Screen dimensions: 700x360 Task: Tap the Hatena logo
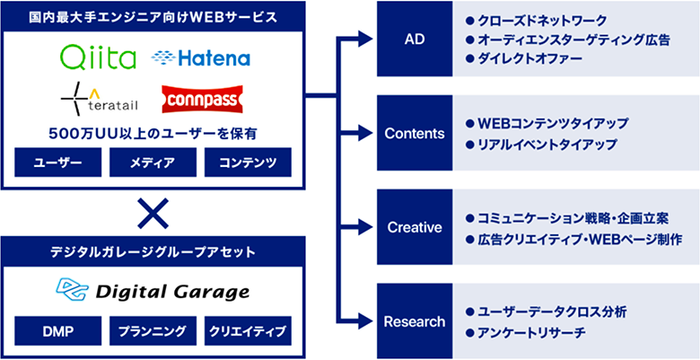(201, 58)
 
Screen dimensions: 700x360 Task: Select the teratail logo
(99, 98)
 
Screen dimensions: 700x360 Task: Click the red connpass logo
(202, 99)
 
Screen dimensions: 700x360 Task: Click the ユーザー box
(58, 162)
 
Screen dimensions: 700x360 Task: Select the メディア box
(153, 162)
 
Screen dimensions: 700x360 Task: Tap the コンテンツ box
(248, 162)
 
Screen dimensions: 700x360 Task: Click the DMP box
(58, 331)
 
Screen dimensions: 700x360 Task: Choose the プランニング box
(153, 331)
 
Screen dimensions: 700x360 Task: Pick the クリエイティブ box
(248, 331)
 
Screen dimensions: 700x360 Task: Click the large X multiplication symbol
(153, 213)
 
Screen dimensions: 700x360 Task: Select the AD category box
(415, 39)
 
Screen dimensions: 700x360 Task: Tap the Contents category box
(415, 133)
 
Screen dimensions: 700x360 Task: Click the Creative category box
(415, 227)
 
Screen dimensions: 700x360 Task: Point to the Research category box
(415, 321)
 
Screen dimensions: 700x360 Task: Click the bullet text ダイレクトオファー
(529, 58)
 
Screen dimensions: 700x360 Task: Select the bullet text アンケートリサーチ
(531, 333)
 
